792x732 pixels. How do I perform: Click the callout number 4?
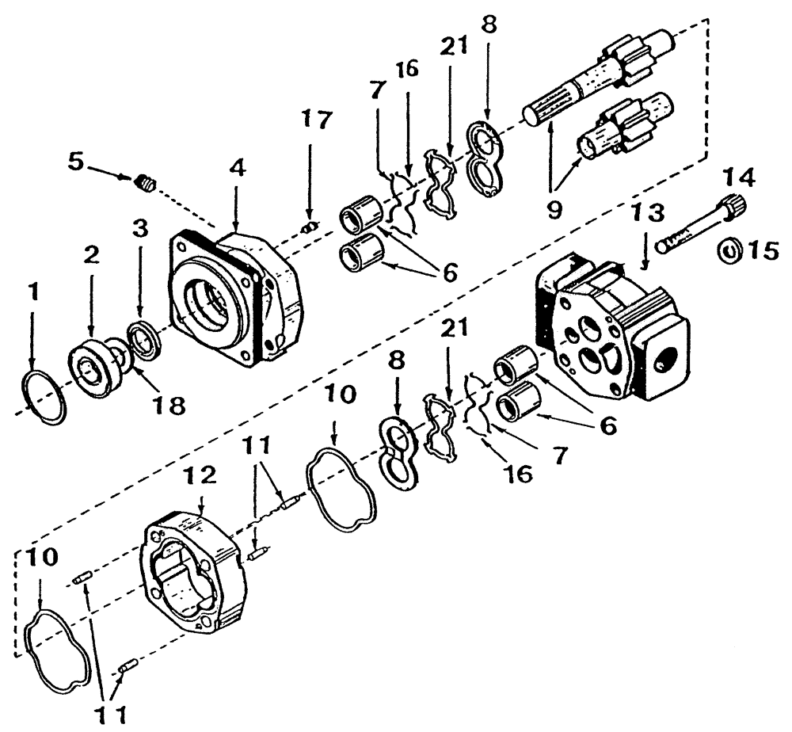point(237,169)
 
